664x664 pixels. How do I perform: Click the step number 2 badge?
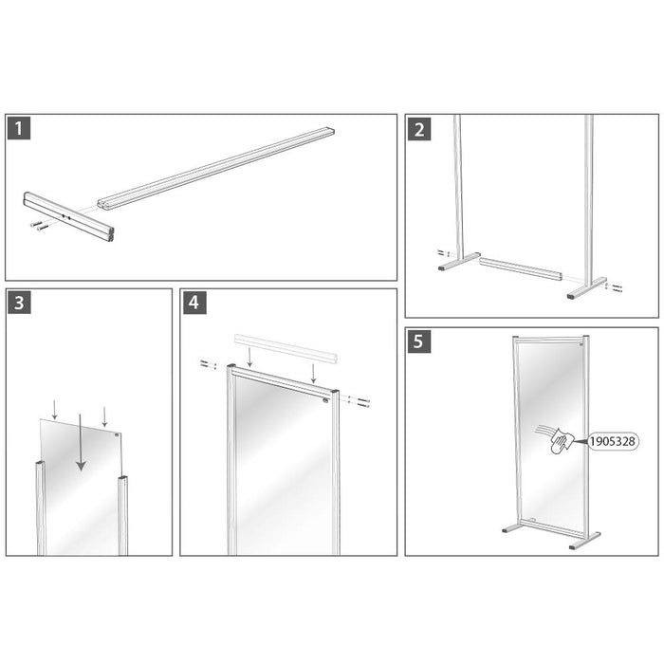(419, 129)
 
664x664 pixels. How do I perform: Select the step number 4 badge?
(194, 303)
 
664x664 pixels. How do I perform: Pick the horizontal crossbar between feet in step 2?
(522, 268)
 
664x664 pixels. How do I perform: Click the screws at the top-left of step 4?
(207, 363)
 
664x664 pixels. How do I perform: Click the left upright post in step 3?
(40, 507)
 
